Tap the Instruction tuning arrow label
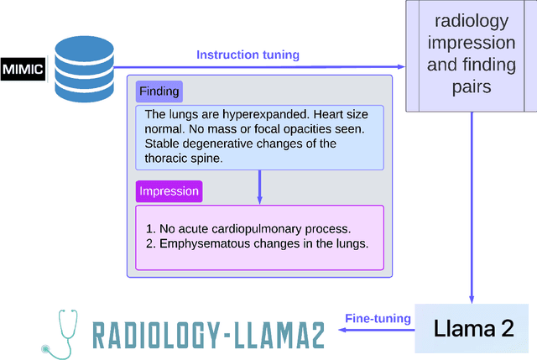248,55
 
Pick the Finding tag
159,91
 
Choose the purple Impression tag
169,191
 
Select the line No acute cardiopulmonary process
248,229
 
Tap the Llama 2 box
473,328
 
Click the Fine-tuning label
378,318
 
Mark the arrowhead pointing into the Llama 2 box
472,298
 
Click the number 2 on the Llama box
507,328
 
